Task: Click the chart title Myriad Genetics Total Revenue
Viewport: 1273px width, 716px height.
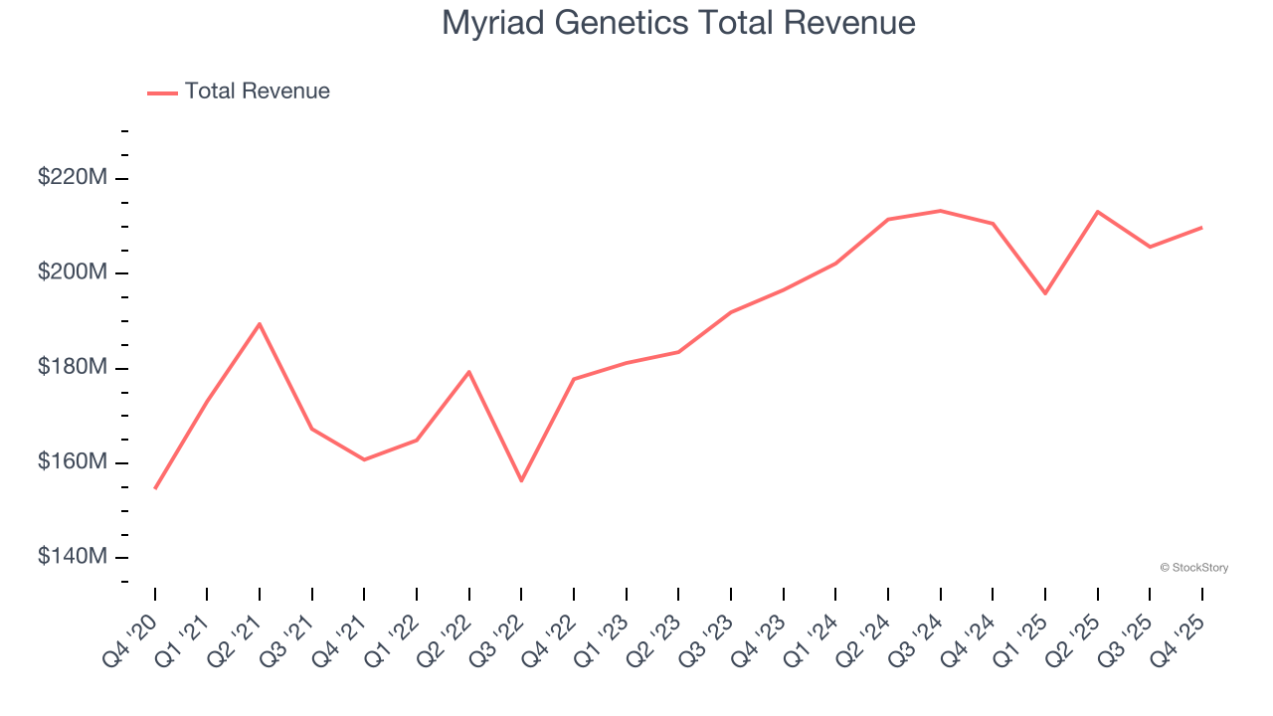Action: click(x=678, y=23)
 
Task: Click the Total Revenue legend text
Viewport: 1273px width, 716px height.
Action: click(x=257, y=91)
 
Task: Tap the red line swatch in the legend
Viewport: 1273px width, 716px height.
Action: click(x=162, y=92)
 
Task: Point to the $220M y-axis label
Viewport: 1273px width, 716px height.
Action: click(x=73, y=178)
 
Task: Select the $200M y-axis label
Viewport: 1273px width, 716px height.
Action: click(x=73, y=272)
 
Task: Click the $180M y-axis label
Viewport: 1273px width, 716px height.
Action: click(x=73, y=368)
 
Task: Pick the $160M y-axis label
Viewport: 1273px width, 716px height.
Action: click(x=73, y=462)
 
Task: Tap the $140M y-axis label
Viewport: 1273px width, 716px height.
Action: click(x=73, y=557)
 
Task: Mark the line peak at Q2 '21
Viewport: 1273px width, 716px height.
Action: click(x=260, y=324)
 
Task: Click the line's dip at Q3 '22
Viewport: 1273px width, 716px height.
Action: click(x=521, y=480)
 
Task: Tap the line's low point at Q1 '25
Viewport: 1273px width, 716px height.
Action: click(x=1045, y=293)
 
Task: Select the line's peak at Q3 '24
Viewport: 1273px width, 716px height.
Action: click(x=940, y=211)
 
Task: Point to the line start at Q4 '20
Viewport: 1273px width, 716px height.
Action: click(x=155, y=488)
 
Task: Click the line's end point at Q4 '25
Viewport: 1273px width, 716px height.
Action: click(x=1201, y=228)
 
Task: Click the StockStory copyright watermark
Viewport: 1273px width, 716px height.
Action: click(x=1193, y=568)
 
